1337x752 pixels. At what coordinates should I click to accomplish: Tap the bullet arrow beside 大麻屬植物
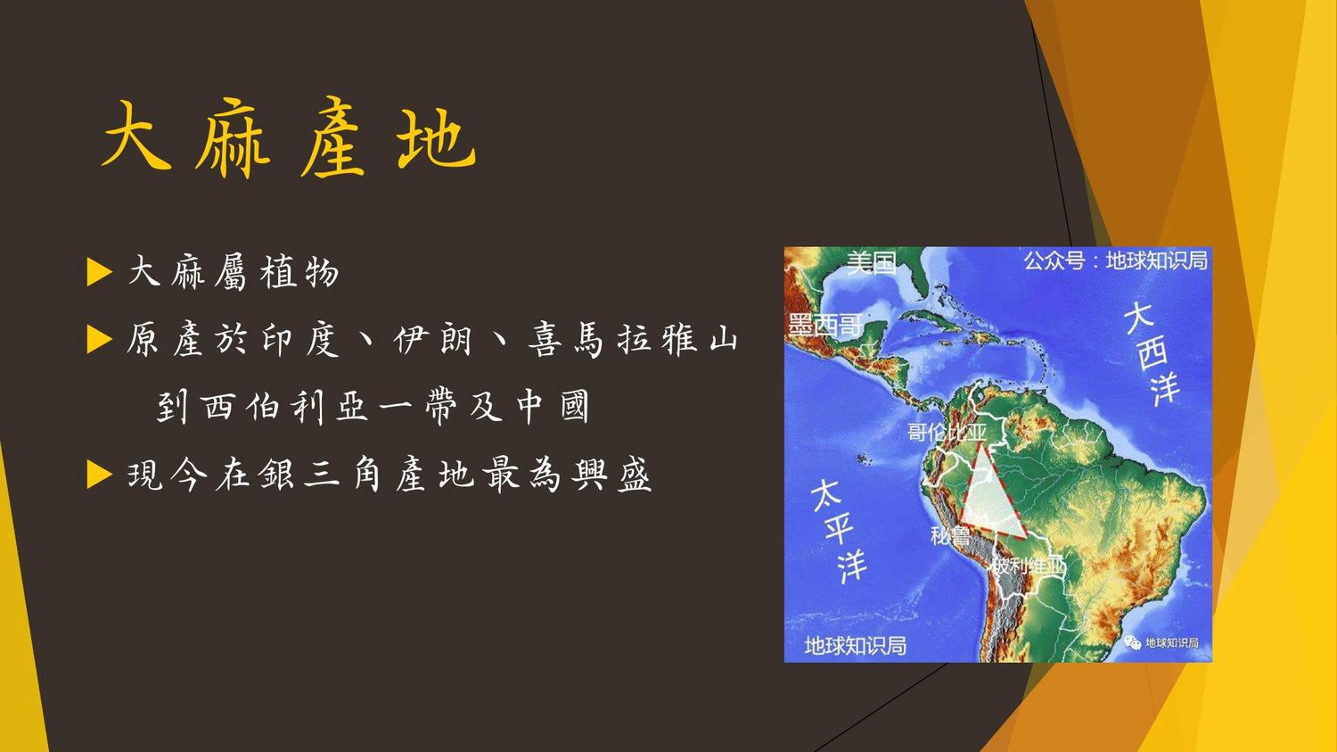(99, 272)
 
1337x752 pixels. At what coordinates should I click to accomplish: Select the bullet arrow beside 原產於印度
(99, 339)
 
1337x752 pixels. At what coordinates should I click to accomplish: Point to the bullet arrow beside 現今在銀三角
(99, 475)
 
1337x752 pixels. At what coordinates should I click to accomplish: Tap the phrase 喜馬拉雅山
(633, 340)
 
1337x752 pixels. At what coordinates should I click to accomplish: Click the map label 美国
(872, 262)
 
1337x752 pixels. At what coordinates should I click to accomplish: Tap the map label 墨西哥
(824, 326)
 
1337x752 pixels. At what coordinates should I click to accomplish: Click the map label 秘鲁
(950, 536)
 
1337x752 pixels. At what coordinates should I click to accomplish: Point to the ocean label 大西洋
(1152, 353)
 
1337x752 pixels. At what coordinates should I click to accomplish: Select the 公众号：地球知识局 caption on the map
(1116, 261)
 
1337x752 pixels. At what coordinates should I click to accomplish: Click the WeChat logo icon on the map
(1132, 642)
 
